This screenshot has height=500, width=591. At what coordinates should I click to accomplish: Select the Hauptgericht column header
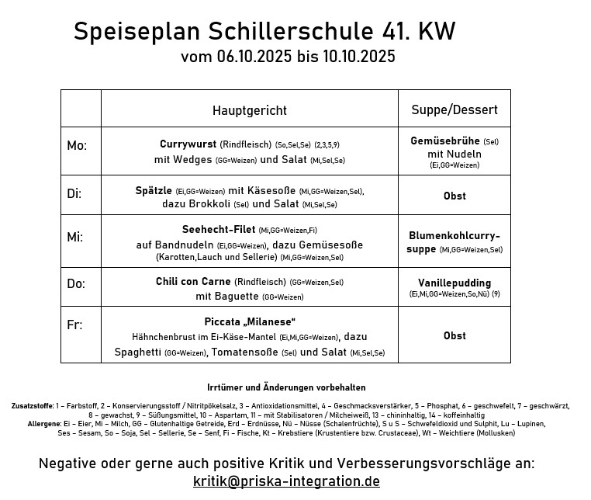coord(249,110)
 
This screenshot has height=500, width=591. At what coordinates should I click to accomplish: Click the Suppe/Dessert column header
coord(454,110)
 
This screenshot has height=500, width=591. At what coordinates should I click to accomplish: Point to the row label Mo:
coord(77,146)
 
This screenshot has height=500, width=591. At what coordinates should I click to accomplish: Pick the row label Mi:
coord(75,237)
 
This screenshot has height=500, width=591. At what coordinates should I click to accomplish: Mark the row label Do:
coord(76,283)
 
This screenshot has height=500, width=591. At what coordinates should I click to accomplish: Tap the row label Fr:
coord(74,325)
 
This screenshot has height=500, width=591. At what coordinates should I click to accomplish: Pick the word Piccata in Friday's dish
coord(224,321)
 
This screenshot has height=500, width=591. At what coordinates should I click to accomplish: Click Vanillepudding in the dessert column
coord(454,283)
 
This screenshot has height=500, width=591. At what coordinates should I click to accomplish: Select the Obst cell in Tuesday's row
coord(454,196)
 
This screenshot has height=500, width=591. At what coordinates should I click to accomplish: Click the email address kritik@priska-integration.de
coord(286,481)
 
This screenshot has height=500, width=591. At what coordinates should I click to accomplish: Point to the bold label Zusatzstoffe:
coord(32,406)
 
